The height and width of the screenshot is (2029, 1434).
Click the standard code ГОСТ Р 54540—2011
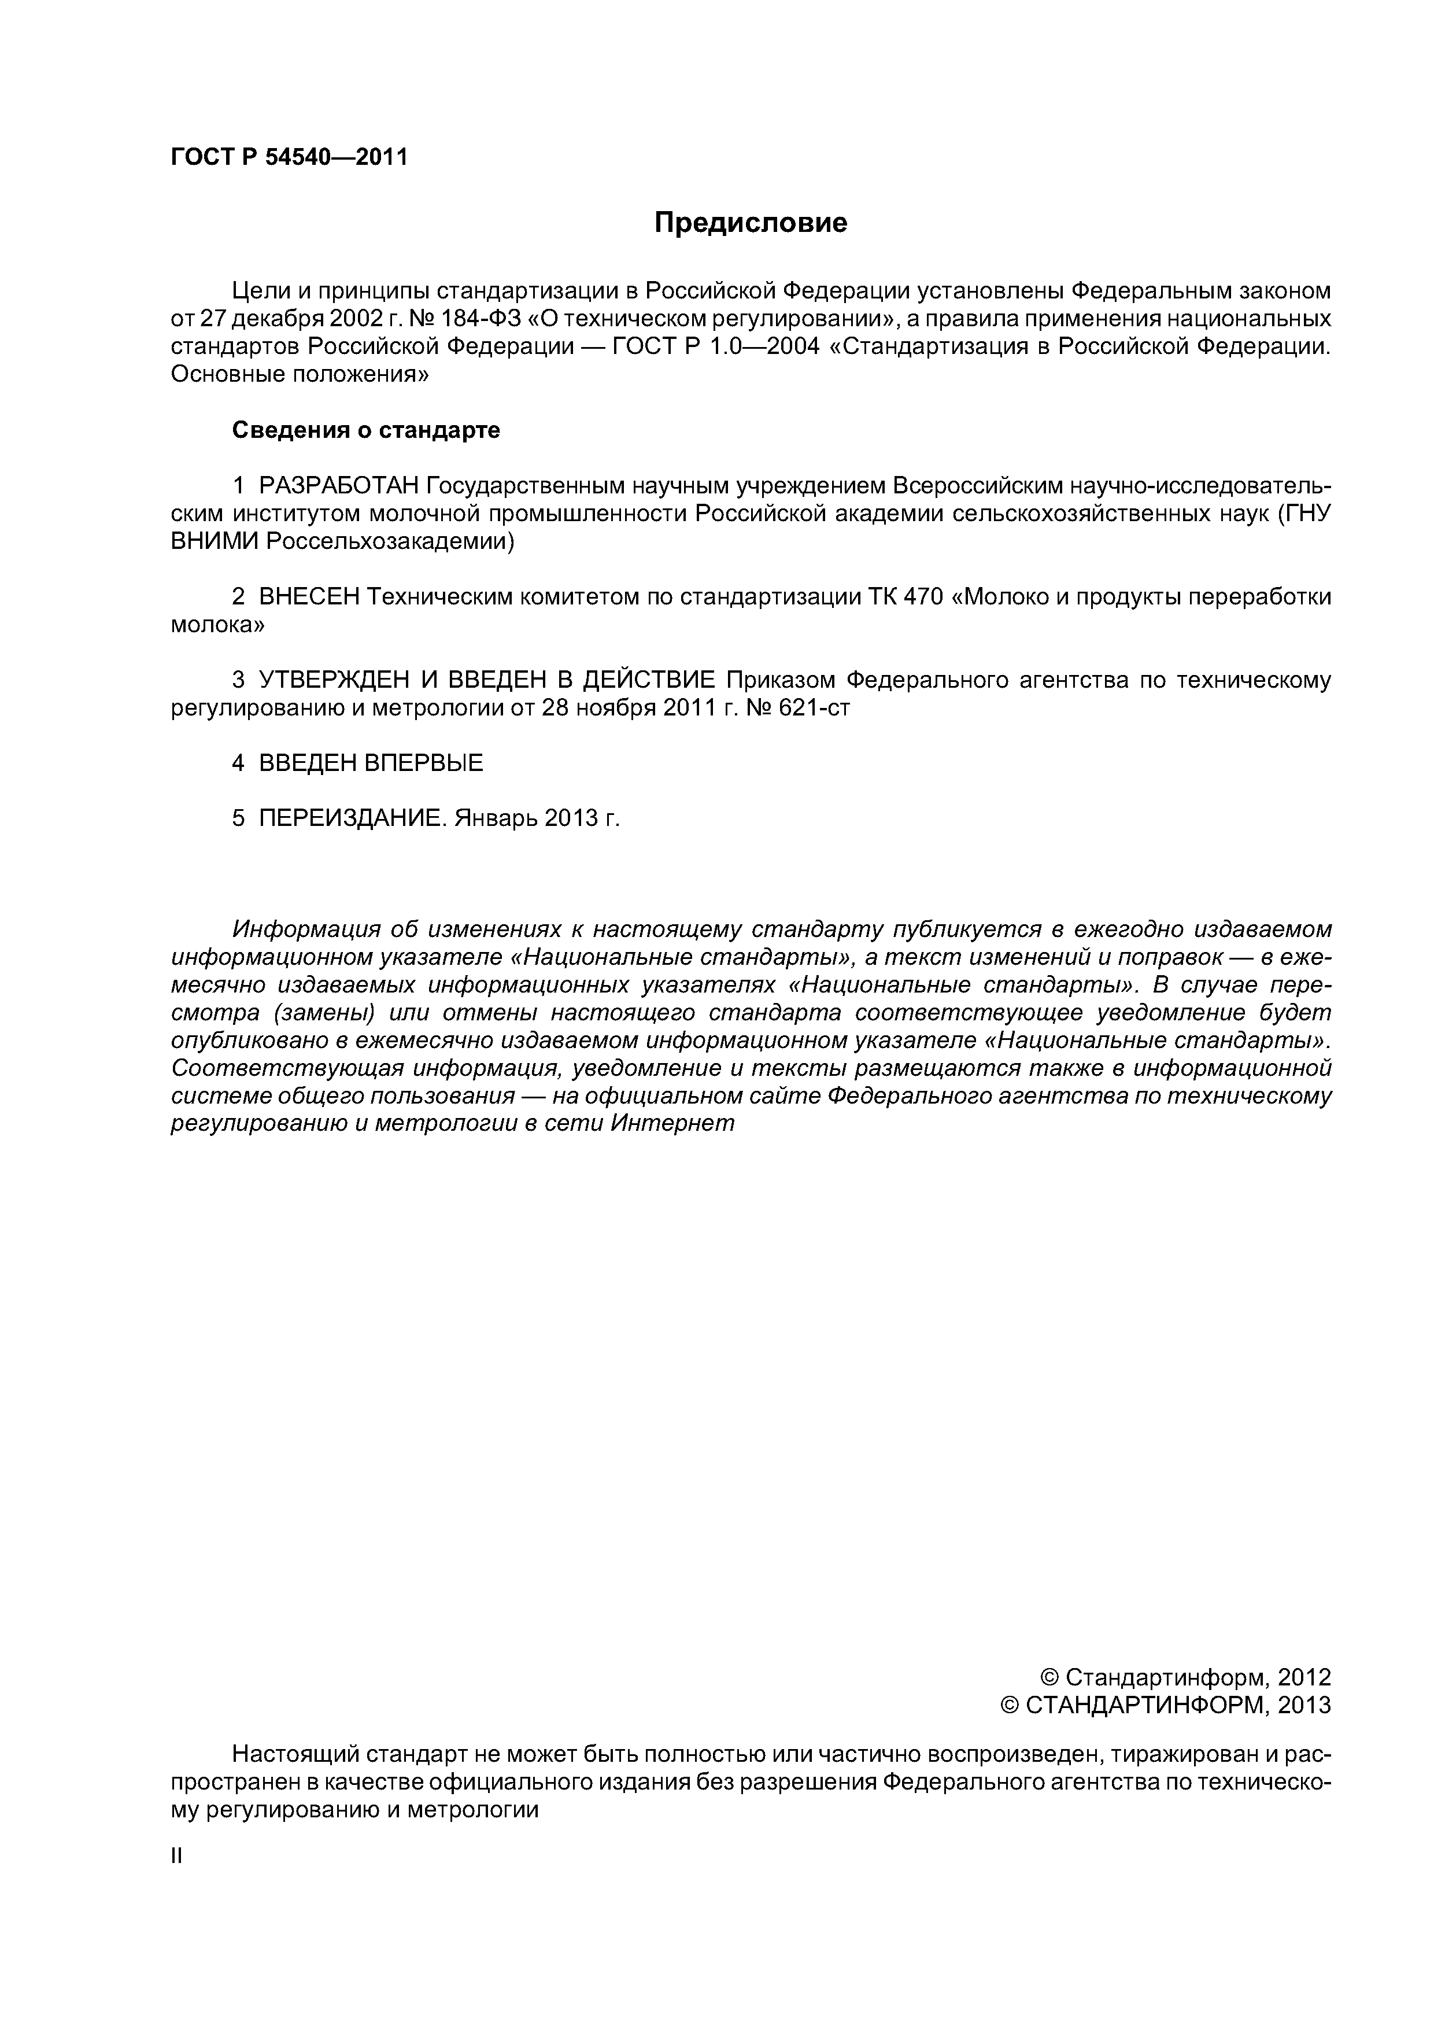pos(289,158)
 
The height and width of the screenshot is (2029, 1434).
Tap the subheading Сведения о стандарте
pos(366,430)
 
